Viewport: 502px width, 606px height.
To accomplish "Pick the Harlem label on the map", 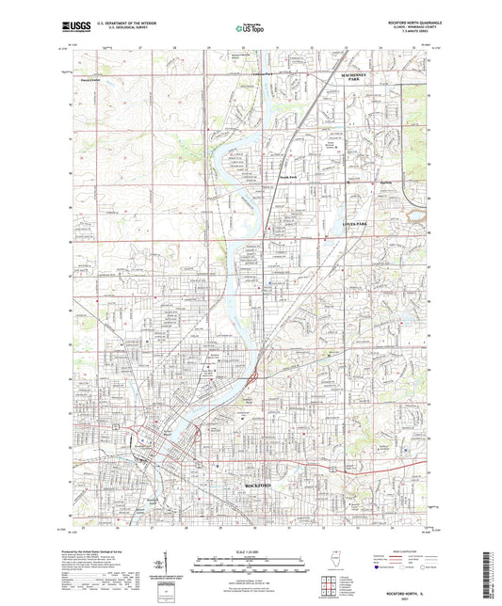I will tap(357, 182).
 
